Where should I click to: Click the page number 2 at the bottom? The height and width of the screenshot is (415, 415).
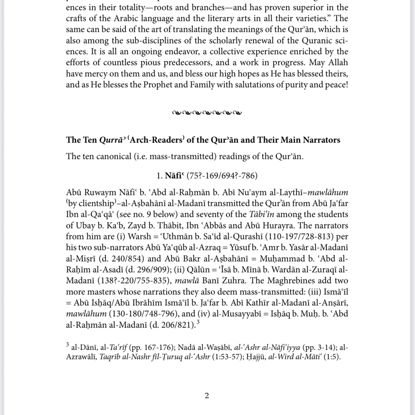coord(207,396)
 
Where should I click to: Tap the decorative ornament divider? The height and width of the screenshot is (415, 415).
coord(207,113)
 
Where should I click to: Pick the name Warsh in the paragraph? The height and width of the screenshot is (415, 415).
coord(139,236)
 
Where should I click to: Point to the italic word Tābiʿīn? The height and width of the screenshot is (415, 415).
coord(262,215)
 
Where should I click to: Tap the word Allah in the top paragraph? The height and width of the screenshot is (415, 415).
coord(337,62)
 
